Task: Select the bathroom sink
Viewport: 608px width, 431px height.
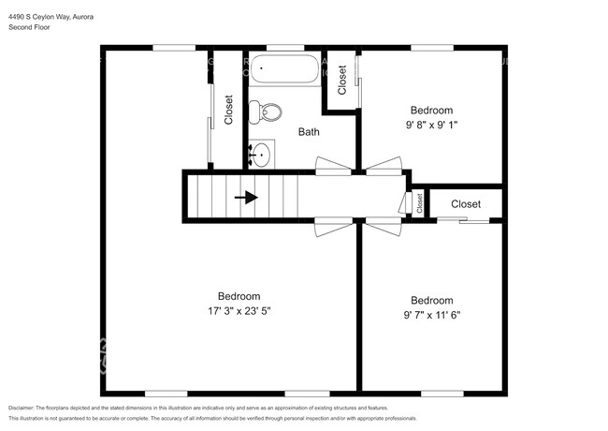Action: [262, 155]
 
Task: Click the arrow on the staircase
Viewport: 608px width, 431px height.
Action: [249, 198]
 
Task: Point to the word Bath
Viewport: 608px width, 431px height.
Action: [309, 132]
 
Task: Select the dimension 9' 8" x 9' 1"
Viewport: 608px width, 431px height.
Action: [430, 125]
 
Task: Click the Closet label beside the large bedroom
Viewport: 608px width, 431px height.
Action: [229, 110]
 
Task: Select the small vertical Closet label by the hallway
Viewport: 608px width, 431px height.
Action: [419, 203]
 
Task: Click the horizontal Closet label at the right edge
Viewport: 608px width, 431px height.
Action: [466, 203]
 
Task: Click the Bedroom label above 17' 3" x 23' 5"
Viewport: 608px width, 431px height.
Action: [239, 296]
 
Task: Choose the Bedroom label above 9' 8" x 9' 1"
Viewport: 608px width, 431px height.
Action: [430, 111]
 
